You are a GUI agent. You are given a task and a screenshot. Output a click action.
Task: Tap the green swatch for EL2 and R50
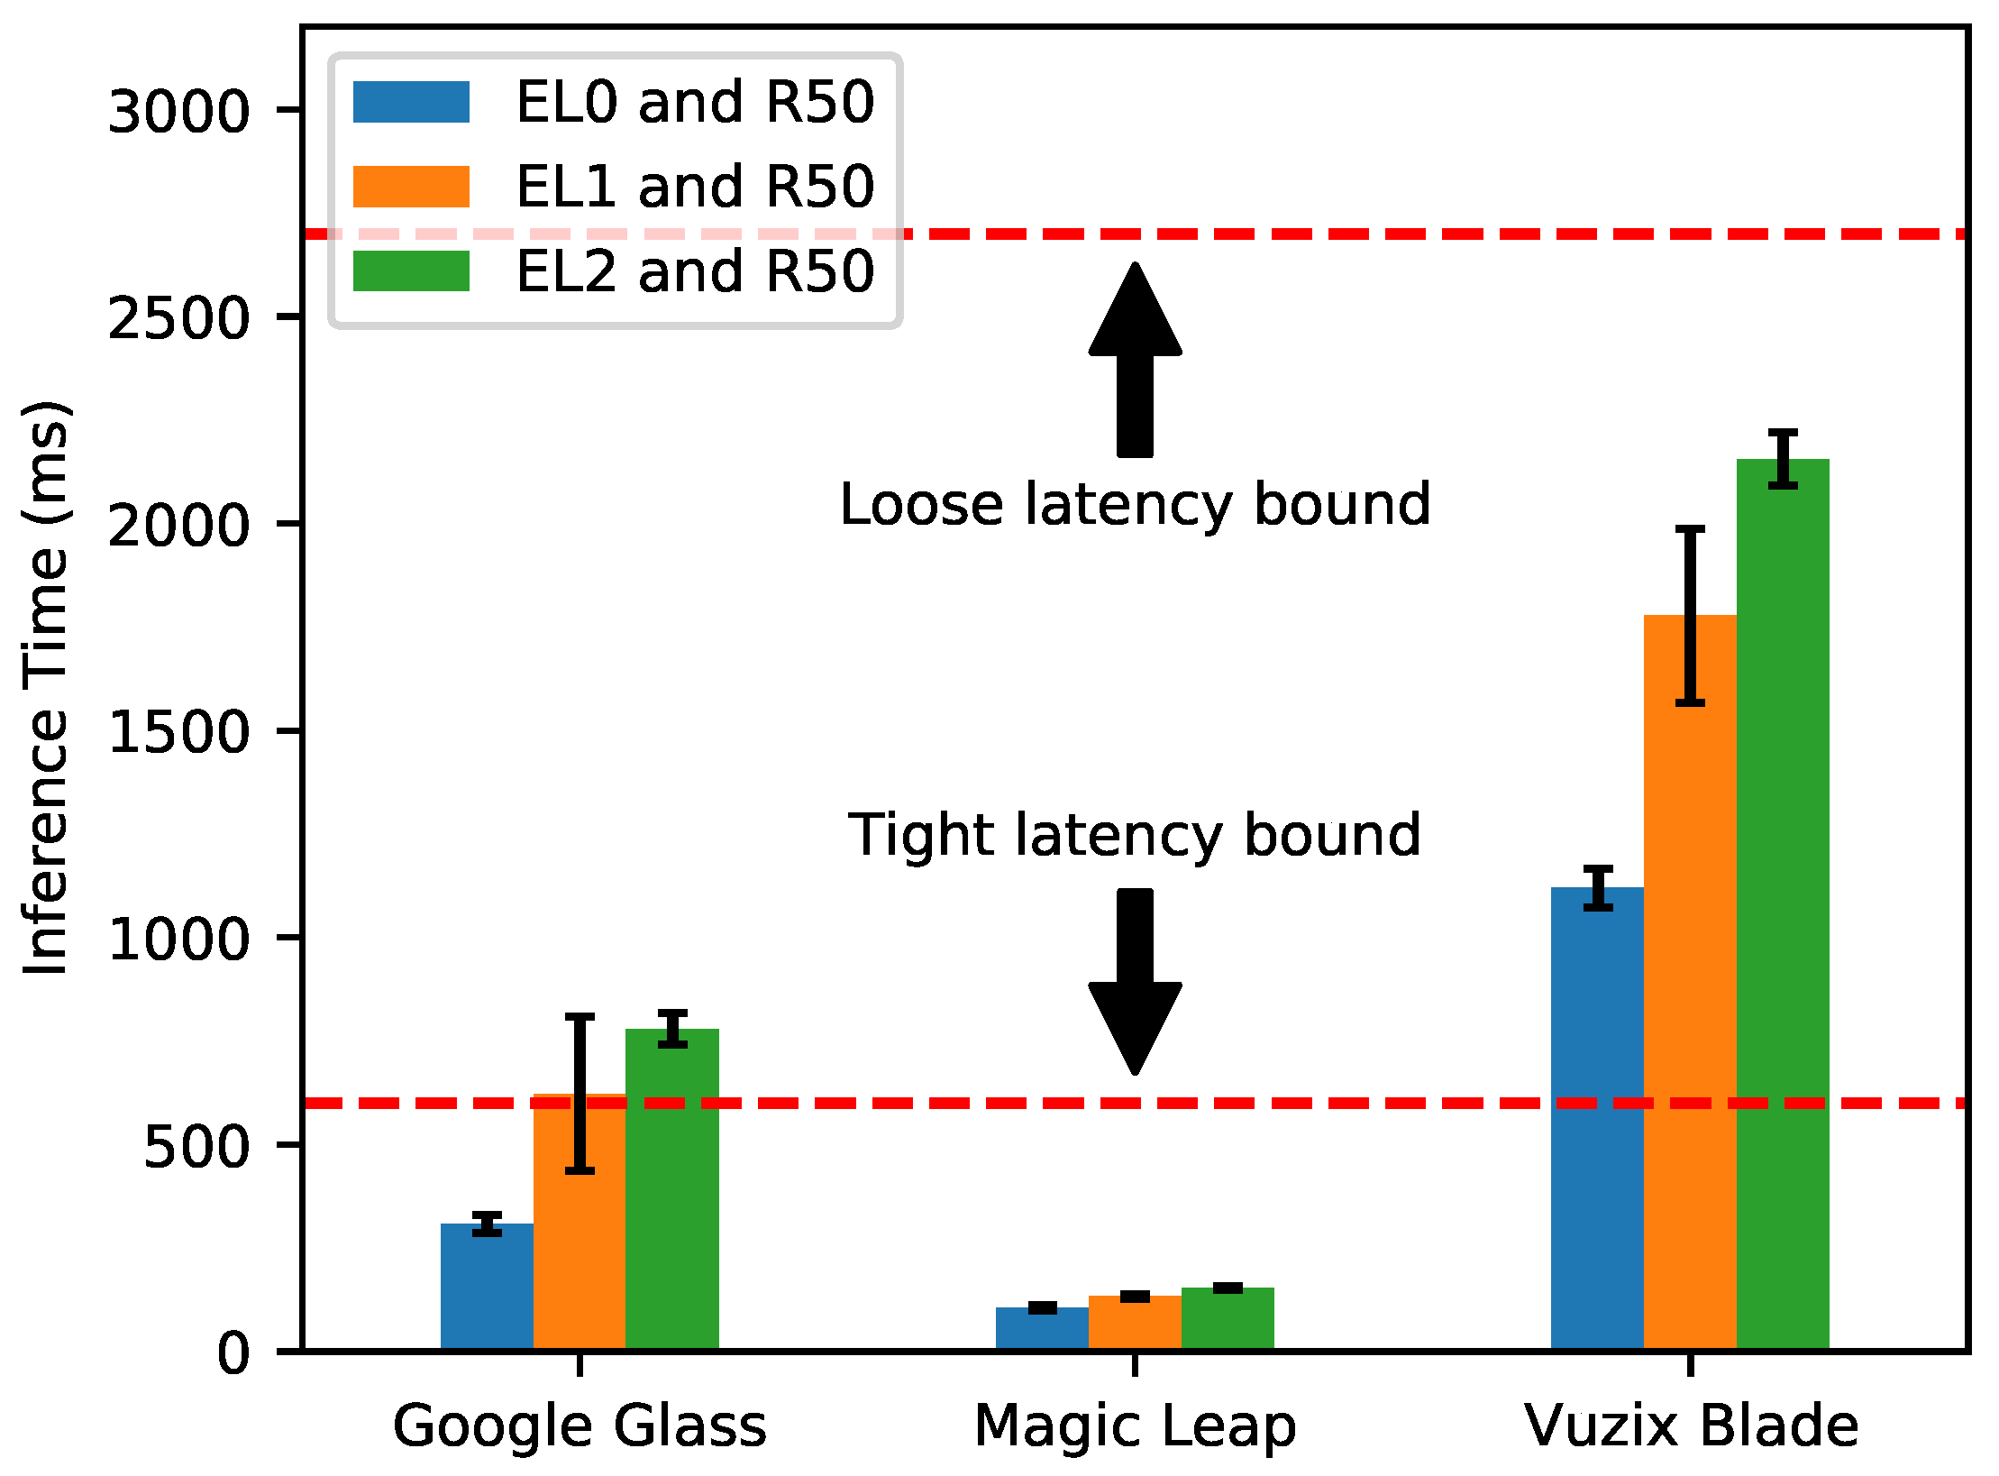(x=411, y=271)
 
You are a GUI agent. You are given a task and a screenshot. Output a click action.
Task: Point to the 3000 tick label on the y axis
(x=178, y=113)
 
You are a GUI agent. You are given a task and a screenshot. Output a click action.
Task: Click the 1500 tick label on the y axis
(x=178, y=732)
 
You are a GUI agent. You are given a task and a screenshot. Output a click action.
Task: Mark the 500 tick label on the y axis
(x=196, y=1147)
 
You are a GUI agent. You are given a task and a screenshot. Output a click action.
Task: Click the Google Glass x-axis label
(x=580, y=1426)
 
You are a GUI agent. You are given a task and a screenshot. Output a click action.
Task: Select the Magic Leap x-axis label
(x=1135, y=1426)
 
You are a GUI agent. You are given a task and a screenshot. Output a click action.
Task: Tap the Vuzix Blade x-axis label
(x=1691, y=1426)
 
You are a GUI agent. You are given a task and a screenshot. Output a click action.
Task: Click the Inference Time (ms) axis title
(x=47, y=689)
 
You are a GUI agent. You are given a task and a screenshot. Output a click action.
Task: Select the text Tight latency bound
(x=1135, y=835)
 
